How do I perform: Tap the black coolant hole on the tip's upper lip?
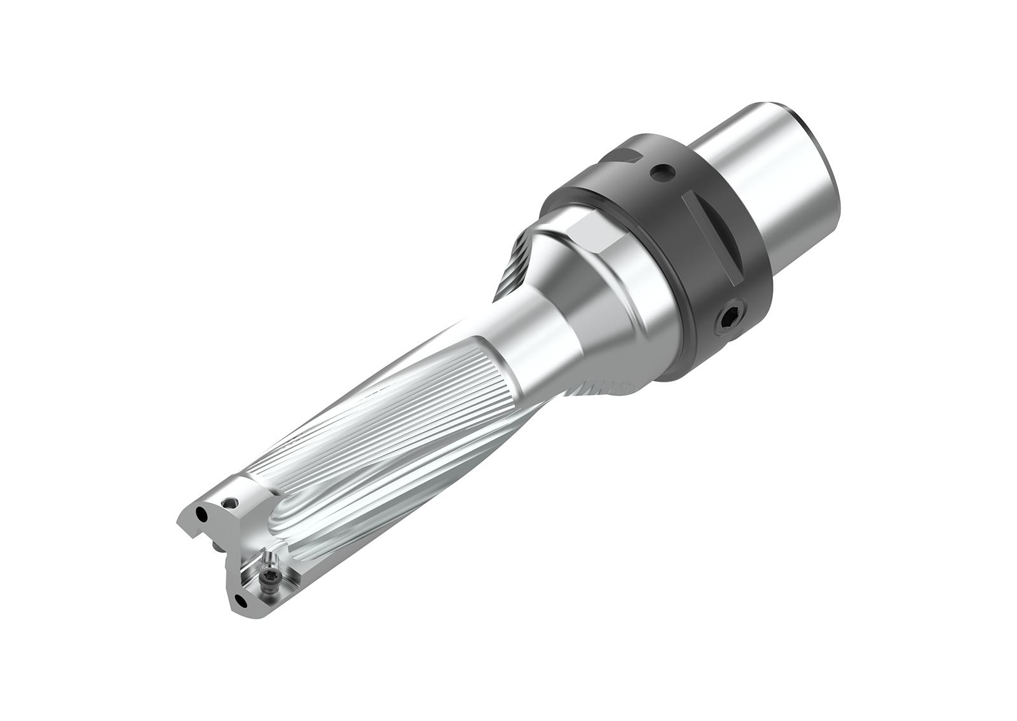(201, 513)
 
